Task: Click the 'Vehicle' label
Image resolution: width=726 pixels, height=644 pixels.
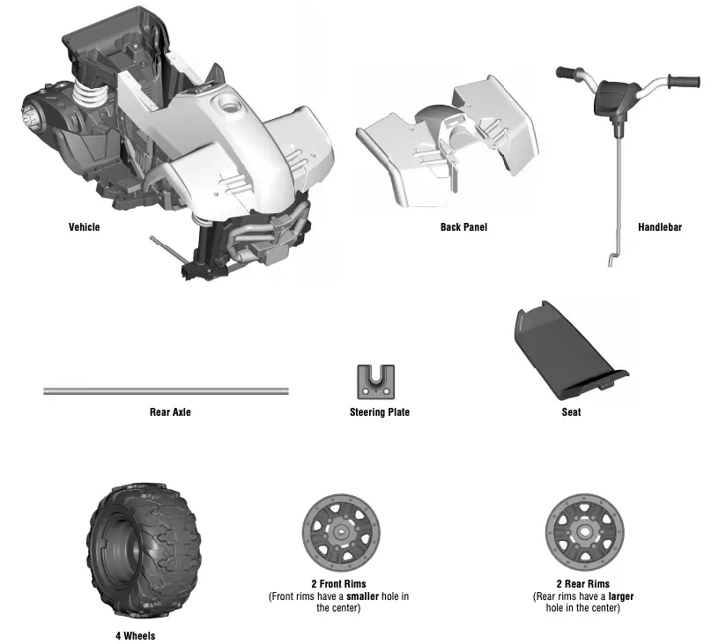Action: click(x=85, y=227)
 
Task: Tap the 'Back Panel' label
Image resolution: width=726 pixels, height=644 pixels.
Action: click(x=463, y=227)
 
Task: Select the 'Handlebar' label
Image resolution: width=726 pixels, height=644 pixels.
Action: click(x=659, y=227)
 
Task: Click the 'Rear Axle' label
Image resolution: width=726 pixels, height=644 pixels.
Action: click(x=170, y=412)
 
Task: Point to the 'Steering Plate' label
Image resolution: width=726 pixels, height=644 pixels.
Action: click(x=380, y=412)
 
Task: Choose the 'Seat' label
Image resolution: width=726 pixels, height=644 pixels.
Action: click(x=571, y=412)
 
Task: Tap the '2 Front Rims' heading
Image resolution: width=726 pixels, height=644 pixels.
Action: click(x=338, y=584)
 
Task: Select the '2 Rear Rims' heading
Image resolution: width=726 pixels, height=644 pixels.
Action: click(x=582, y=584)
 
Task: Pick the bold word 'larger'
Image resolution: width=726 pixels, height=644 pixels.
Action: click(x=619, y=596)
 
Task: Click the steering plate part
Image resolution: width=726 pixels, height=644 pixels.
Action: click(x=375, y=381)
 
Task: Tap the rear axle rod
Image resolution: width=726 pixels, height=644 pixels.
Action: click(x=167, y=390)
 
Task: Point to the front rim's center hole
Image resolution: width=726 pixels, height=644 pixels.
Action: click(x=338, y=532)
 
